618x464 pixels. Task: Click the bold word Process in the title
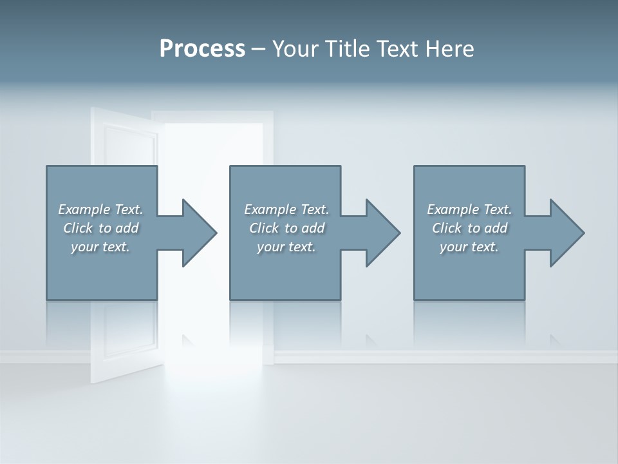[x=202, y=49]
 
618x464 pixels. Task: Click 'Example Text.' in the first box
[x=101, y=209]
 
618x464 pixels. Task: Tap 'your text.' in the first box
[x=101, y=247]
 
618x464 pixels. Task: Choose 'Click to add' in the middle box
[x=286, y=228]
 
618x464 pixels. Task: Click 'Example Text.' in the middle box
[x=286, y=209]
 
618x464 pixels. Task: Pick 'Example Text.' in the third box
[x=469, y=209]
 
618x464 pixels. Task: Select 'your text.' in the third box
[x=469, y=247]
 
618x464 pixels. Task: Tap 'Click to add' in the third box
[x=469, y=228]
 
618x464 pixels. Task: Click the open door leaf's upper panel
[x=131, y=146]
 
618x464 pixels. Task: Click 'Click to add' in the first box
[x=101, y=228]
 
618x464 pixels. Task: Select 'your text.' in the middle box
[x=286, y=247]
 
